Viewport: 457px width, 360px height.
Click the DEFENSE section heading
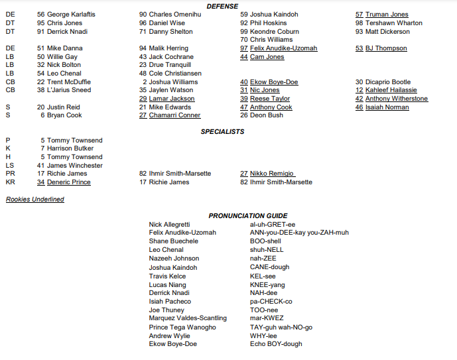click(x=222, y=6)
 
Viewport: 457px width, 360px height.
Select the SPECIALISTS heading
click(x=222, y=131)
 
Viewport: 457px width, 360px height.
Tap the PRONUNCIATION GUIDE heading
click(x=248, y=215)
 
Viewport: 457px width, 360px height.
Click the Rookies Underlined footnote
click(x=34, y=199)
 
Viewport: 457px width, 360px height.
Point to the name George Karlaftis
click(x=71, y=15)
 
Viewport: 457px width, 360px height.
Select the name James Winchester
click(x=74, y=165)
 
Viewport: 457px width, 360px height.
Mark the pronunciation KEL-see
click(x=263, y=276)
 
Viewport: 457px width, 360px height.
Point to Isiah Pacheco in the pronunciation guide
click(x=170, y=301)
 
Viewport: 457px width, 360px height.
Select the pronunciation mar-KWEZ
click(x=267, y=318)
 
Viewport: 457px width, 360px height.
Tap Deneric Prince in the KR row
click(x=68, y=182)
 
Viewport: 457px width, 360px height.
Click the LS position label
click(x=9, y=165)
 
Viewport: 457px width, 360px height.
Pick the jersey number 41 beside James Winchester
click(x=40, y=165)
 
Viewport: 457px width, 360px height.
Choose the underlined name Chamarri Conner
click(x=174, y=115)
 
